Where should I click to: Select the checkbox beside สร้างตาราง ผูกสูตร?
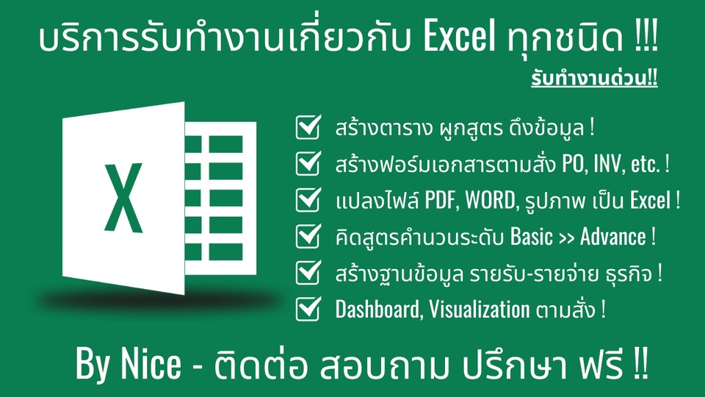(306, 128)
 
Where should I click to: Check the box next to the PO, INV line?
(306, 164)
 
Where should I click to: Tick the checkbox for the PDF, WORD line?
(306, 200)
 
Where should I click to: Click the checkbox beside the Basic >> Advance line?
(306, 237)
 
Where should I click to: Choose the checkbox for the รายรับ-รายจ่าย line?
(306, 273)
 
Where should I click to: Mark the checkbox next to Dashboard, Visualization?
(306, 310)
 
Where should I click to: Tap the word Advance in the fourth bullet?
(610, 237)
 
